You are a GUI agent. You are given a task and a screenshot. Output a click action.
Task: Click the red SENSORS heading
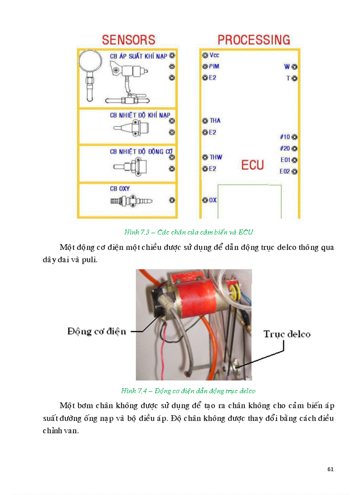click(x=128, y=40)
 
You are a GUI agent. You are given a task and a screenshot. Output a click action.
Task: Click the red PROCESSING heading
click(x=254, y=40)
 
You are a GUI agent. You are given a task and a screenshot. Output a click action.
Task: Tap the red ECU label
click(x=252, y=165)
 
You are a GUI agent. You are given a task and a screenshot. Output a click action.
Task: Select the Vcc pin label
click(x=214, y=56)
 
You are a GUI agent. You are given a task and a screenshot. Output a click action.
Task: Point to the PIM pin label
click(x=214, y=67)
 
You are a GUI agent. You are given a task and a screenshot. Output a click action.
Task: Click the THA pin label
click(x=215, y=121)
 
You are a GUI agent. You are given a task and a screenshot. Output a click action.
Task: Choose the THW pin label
click(x=216, y=157)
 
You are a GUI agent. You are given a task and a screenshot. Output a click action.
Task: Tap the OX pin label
click(x=213, y=200)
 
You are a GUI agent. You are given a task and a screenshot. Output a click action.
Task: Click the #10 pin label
click(x=285, y=137)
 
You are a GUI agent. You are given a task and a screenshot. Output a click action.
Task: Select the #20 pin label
click(x=285, y=149)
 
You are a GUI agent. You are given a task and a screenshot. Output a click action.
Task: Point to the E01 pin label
click(x=285, y=160)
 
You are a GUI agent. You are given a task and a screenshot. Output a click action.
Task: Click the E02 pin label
click(x=285, y=171)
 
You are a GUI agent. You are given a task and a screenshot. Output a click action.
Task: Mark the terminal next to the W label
click(x=294, y=67)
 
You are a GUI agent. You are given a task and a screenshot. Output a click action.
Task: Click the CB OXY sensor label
click(x=120, y=189)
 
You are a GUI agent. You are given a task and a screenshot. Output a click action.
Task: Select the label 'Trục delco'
click(x=287, y=334)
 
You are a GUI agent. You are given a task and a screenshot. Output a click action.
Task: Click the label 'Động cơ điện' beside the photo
click(x=97, y=331)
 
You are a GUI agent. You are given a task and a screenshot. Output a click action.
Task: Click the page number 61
click(x=330, y=469)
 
